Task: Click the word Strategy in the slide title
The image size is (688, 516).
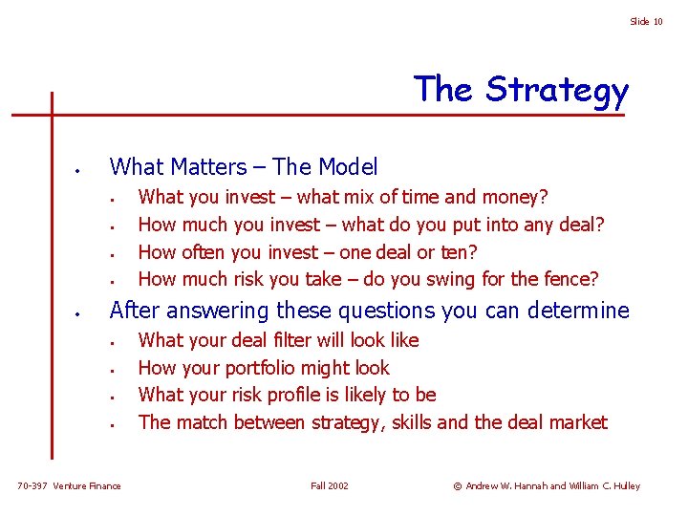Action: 557,91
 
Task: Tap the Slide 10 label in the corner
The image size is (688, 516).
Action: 646,22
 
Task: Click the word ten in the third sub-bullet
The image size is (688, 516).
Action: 460,252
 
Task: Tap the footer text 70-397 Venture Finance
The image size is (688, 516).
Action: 70,486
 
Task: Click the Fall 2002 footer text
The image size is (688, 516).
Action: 330,486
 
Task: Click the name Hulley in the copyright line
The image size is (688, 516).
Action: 626,486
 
